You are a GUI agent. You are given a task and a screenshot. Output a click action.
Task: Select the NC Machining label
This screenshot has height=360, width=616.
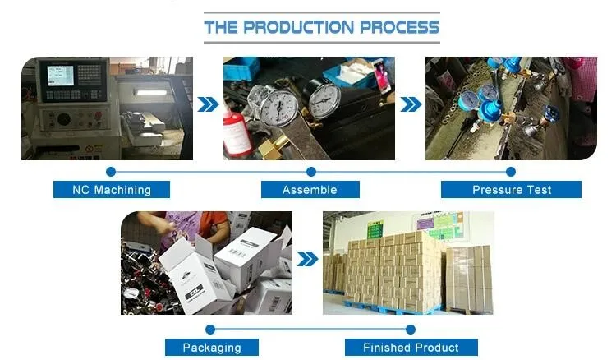pyautogui.click(x=112, y=190)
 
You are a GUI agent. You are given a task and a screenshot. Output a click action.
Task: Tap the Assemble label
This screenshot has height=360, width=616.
pyautogui.click(x=310, y=190)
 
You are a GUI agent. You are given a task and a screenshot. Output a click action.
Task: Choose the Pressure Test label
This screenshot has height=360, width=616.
pyautogui.click(x=511, y=190)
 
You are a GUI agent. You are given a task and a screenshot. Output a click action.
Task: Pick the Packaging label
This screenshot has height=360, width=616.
pyautogui.click(x=211, y=347)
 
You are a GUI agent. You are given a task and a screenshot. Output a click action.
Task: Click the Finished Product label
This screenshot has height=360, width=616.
pyautogui.click(x=411, y=347)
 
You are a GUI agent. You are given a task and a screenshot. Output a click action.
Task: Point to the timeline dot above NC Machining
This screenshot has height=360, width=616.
pyautogui.click(x=112, y=172)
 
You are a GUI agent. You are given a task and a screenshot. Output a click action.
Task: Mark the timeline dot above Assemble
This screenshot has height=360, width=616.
pyautogui.click(x=310, y=172)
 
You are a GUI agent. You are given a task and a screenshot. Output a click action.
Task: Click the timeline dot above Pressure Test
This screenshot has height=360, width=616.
pyautogui.click(x=510, y=172)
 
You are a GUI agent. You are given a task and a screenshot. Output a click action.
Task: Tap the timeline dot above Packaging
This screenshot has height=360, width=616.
pyautogui.click(x=210, y=329)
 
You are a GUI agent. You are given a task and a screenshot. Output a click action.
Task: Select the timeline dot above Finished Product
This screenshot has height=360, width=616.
pyautogui.click(x=410, y=329)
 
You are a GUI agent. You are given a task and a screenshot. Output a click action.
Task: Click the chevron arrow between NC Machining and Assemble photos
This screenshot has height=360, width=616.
pyautogui.click(x=209, y=104)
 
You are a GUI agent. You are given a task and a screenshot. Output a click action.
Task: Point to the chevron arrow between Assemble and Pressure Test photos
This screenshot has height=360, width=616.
pyautogui.click(x=411, y=104)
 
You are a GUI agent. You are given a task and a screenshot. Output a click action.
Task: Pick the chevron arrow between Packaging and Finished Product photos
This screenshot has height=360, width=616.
pyautogui.click(x=307, y=260)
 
